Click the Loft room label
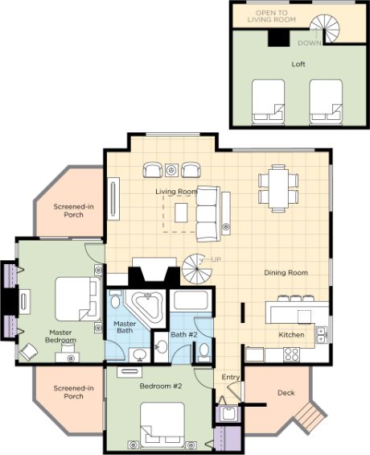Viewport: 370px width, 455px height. pos(298,64)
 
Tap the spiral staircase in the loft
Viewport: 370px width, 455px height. pos(325,28)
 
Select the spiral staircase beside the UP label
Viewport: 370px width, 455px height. pos(197,269)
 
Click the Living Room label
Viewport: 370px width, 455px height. pos(176,192)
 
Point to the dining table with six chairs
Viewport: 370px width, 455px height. pos(278,188)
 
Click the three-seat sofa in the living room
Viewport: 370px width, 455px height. pos(208,214)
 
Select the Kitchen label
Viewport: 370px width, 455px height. pos(291,335)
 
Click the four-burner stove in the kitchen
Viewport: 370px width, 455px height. pos(291,354)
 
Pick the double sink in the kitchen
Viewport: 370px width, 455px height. pos(321,335)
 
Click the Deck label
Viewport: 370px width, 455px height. pos(286,393)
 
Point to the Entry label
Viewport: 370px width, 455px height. pos(231,377)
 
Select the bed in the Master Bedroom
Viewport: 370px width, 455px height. pos(77,299)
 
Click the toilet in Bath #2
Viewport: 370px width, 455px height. pos(204,352)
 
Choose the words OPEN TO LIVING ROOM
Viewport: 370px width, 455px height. pos(272,16)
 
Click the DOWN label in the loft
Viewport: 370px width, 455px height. pos(310,43)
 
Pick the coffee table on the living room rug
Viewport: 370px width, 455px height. pos(181,213)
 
